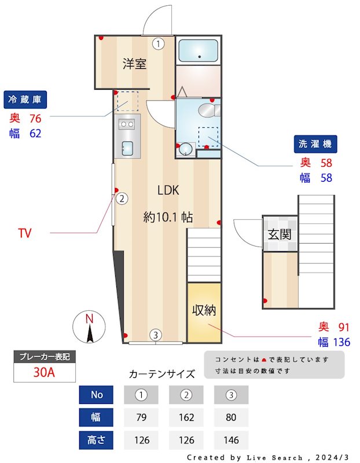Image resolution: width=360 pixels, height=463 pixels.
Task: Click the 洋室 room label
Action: [x=134, y=64]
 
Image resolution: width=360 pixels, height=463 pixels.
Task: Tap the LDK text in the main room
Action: [x=168, y=190]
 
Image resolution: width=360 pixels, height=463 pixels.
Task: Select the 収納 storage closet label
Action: [x=204, y=310]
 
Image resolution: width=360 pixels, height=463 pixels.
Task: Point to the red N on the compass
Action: [x=89, y=318]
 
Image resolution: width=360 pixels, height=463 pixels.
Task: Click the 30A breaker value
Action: [x=44, y=372]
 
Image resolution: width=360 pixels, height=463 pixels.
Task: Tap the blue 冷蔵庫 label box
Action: [x=24, y=100]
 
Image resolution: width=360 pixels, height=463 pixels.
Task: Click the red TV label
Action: [x=24, y=233]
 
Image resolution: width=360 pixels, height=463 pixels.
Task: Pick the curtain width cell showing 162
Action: [x=186, y=417]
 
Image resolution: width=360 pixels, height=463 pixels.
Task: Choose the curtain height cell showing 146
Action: [x=231, y=440]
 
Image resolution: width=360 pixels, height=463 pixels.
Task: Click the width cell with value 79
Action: [x=141, y=417]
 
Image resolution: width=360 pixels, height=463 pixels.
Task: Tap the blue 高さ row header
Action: [x=97, y=440]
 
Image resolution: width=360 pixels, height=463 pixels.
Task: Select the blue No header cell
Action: [x=97, y=395]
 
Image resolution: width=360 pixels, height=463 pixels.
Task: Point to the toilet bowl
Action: [x=207, y=110]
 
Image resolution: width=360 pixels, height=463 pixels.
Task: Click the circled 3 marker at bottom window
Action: [x=155, y=335]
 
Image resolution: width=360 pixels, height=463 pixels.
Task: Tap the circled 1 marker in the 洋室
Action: [x=159, y=43]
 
